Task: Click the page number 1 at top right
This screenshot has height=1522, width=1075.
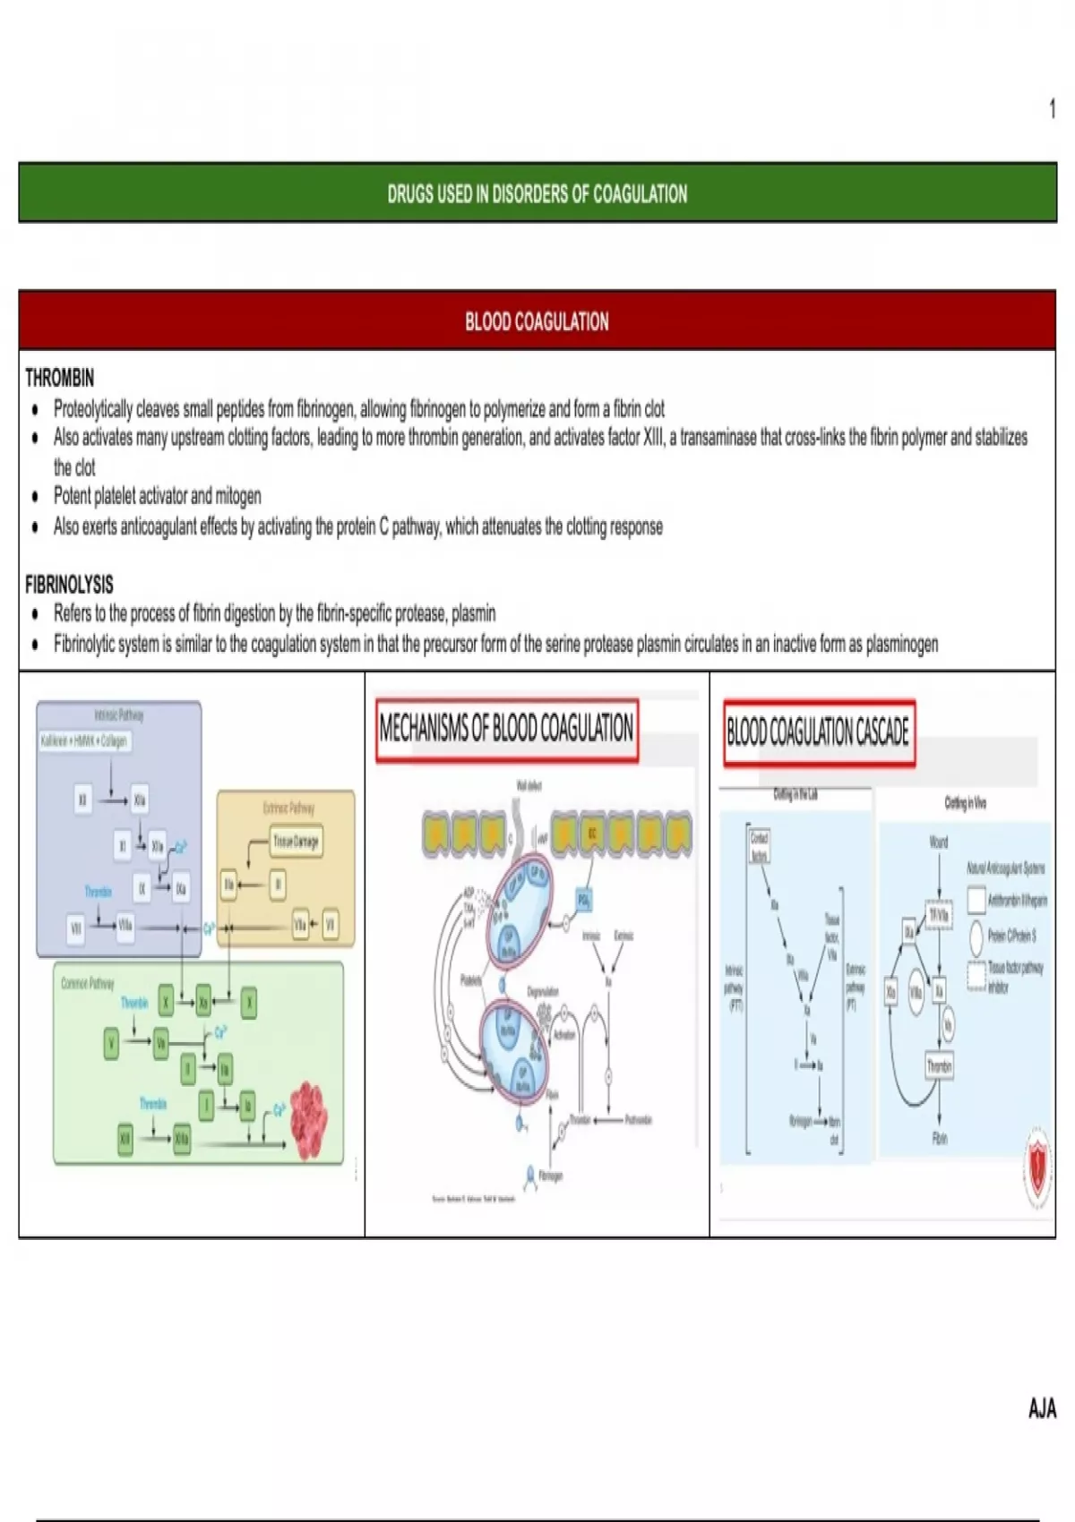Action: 1053,109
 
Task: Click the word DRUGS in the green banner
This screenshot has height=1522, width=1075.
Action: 408,194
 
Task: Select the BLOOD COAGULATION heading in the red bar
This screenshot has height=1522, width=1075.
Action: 537,321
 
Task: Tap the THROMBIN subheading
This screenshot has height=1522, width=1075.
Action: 59,378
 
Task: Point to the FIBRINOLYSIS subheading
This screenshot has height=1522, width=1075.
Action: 69,585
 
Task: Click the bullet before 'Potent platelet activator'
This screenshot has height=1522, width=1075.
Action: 35,498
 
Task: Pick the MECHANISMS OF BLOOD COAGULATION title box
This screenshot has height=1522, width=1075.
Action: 506,729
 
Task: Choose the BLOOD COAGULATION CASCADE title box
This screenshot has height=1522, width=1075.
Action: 818,732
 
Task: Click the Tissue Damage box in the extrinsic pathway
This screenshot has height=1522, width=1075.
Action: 296,842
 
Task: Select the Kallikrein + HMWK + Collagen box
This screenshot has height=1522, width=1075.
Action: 84,741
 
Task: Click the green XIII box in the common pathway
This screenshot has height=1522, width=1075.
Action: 125,1139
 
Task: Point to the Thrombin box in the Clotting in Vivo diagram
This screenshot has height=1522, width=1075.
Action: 939,1066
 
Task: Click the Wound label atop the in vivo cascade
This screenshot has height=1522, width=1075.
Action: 938,842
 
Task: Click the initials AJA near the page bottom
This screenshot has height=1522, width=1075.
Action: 1042,1408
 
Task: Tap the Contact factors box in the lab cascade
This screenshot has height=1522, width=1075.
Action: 759,845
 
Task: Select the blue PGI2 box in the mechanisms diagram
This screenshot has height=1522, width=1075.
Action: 583,900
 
